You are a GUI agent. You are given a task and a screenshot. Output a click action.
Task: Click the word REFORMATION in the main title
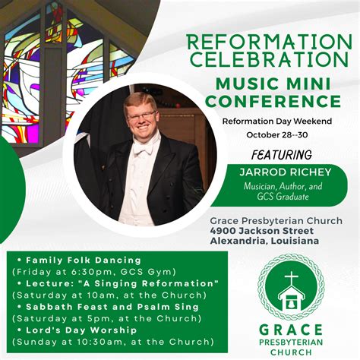coord(269,42)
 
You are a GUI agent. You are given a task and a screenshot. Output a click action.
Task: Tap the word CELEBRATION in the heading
coord(269,59)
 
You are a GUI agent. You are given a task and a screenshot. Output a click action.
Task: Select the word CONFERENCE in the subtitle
coord(273,101)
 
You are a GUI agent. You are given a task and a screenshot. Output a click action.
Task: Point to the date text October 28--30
coord(277,135)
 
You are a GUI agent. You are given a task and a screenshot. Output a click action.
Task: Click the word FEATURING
coord(282,155)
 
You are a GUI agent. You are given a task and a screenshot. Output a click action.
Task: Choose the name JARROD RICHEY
coord(286,172)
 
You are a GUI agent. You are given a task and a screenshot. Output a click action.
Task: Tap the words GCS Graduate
coord(283,197)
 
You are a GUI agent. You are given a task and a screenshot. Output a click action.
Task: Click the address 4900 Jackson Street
coord(262,231)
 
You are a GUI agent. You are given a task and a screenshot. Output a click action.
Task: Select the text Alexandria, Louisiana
coord(264,241)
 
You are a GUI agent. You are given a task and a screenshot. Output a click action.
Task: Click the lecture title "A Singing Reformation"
coord(148,283)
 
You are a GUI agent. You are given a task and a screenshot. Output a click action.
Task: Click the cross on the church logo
coord(292,279)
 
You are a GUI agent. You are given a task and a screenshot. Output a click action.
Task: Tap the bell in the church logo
coord(291,304)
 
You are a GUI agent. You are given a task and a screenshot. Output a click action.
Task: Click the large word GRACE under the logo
coord(291,330)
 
